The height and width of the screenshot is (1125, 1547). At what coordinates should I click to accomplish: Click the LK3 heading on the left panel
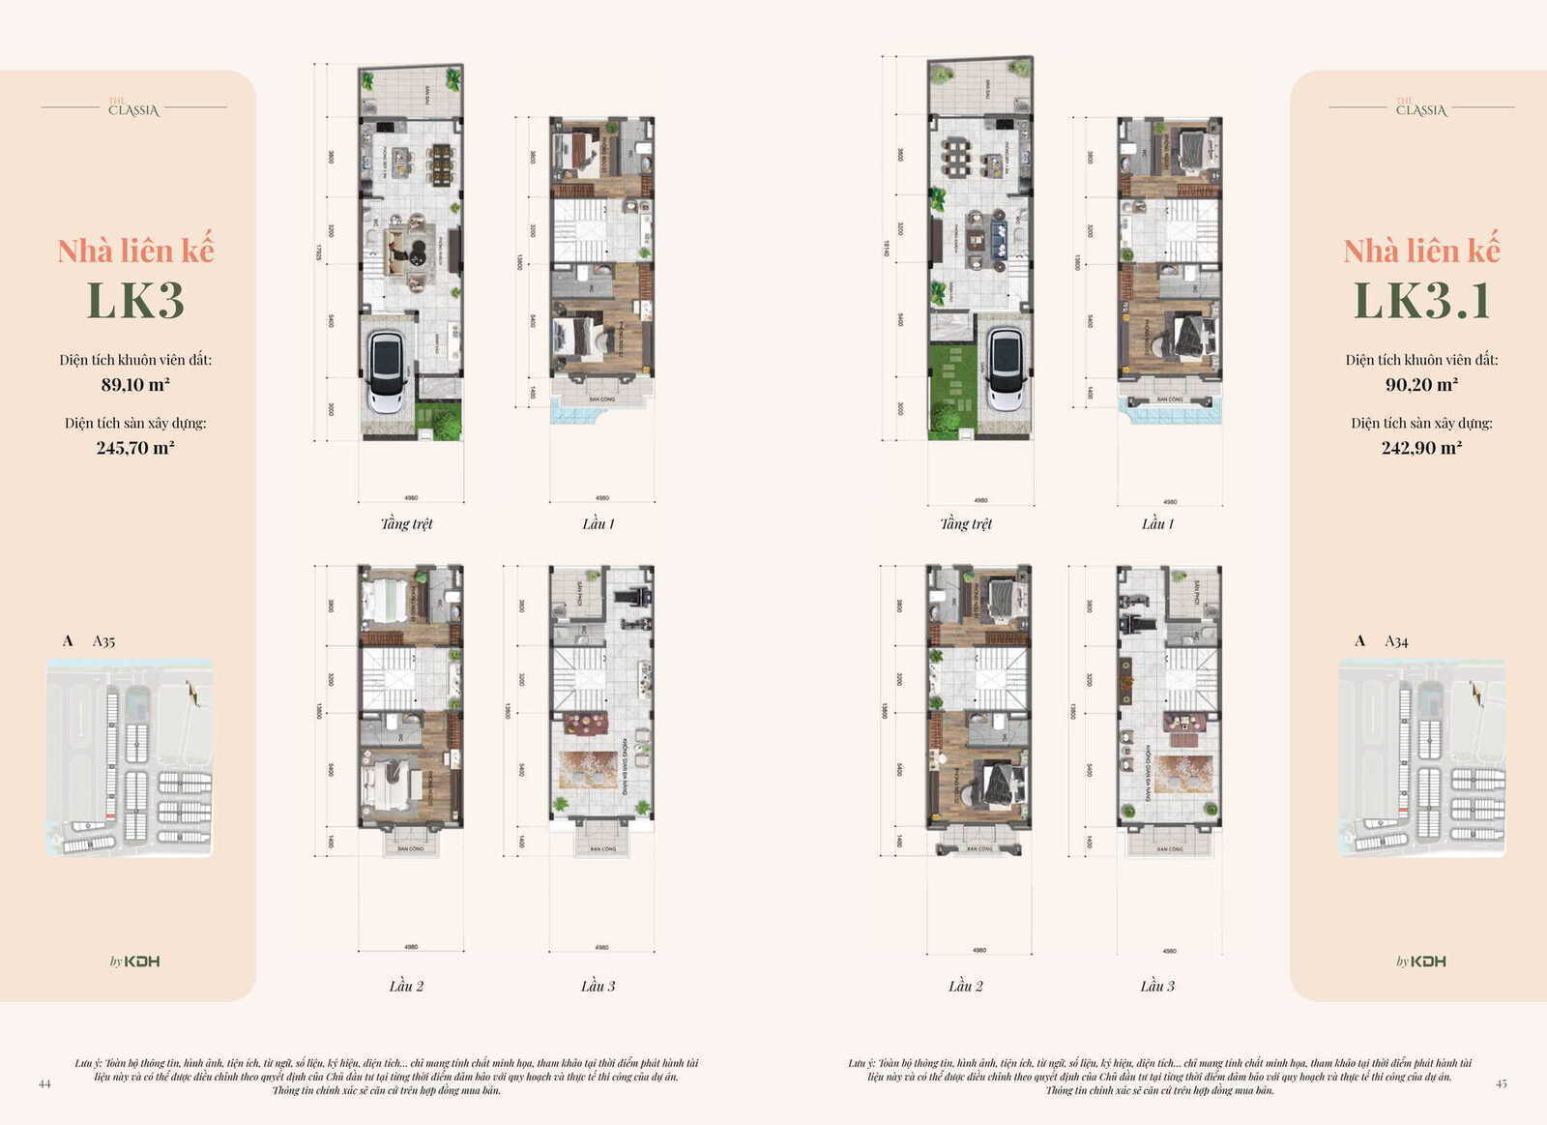point(135,301)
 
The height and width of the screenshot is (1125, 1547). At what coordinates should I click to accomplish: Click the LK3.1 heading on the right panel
point(1421,301)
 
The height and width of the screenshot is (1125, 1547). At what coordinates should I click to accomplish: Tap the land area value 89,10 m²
point(135,385)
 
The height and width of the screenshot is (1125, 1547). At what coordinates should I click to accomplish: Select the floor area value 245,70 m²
point(135,448)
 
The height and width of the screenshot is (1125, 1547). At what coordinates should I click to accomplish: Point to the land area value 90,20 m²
point(1421,385)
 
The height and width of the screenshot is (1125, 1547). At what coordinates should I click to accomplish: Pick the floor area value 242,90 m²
point(1421,448)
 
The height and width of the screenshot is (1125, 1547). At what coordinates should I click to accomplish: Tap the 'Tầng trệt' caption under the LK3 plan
point(406,524)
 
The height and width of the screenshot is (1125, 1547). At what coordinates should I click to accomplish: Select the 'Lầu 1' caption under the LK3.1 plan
point(1157,524)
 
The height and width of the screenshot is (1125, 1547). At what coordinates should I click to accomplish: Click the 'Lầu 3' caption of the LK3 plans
point(598,987)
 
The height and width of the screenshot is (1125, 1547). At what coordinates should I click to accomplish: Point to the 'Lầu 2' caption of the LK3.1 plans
point(966,987)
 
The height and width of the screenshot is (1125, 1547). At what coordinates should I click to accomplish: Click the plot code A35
point(103,641)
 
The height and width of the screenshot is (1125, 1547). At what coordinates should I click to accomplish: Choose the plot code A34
point(1396,641)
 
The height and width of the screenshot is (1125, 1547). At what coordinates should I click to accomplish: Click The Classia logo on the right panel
point(1421,108)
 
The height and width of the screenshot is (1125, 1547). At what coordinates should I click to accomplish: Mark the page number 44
point(44,1084)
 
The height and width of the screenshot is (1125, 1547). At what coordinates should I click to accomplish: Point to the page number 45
point(1502,1084)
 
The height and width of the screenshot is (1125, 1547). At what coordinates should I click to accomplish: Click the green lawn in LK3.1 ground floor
point(951,392)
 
